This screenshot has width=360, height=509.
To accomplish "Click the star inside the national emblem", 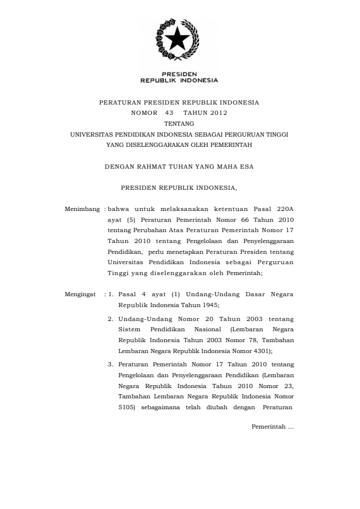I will [178, 40].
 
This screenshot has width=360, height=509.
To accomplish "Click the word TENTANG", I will [179, 123].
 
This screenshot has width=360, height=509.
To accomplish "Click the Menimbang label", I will [82, 209].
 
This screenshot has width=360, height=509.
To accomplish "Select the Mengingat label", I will [80, 294].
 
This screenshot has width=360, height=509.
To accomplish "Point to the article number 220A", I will [281, 209].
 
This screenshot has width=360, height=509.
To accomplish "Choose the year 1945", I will [208, 305].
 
